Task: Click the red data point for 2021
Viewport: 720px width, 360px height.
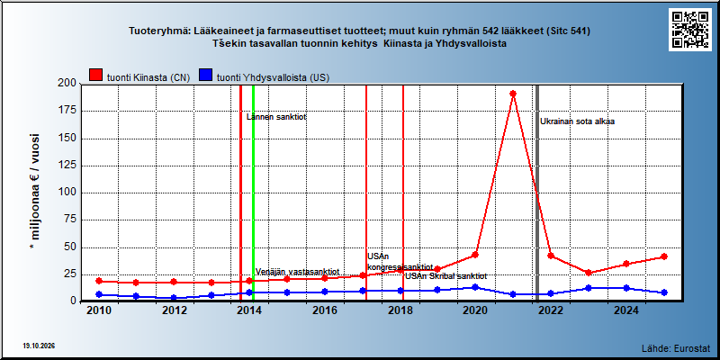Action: [x=513, y=94]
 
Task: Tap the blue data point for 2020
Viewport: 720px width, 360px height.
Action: [x=475, y=287]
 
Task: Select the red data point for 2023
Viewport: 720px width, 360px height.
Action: [x=589, y=273]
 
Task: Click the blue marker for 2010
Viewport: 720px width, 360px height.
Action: [x=99, y=294]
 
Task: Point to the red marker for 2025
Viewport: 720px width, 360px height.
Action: [x=663, y=256]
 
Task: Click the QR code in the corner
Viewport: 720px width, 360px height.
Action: [x=689, y=30]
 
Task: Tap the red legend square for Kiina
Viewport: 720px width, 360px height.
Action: [x=96, y=76]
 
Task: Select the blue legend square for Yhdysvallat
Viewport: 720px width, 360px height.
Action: [x=206, y=76]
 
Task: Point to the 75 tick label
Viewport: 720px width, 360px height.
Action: [x=70, y=220]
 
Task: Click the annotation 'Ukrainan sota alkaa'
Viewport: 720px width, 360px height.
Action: [x=577, y=121]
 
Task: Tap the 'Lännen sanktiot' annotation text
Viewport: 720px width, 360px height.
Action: [x=276, y=117]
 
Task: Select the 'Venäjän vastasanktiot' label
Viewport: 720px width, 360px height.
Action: [x=297, y=271]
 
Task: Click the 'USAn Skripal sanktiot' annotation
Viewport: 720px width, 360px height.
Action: [x=445, y=276]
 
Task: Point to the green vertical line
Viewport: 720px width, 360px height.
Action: [x=253, y=193]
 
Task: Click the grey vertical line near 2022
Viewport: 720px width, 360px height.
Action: [x=537, y=193]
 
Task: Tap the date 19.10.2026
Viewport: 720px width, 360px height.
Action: [x=39, y=346]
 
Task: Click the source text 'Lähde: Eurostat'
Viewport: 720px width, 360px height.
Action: [x=676, y=347]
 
